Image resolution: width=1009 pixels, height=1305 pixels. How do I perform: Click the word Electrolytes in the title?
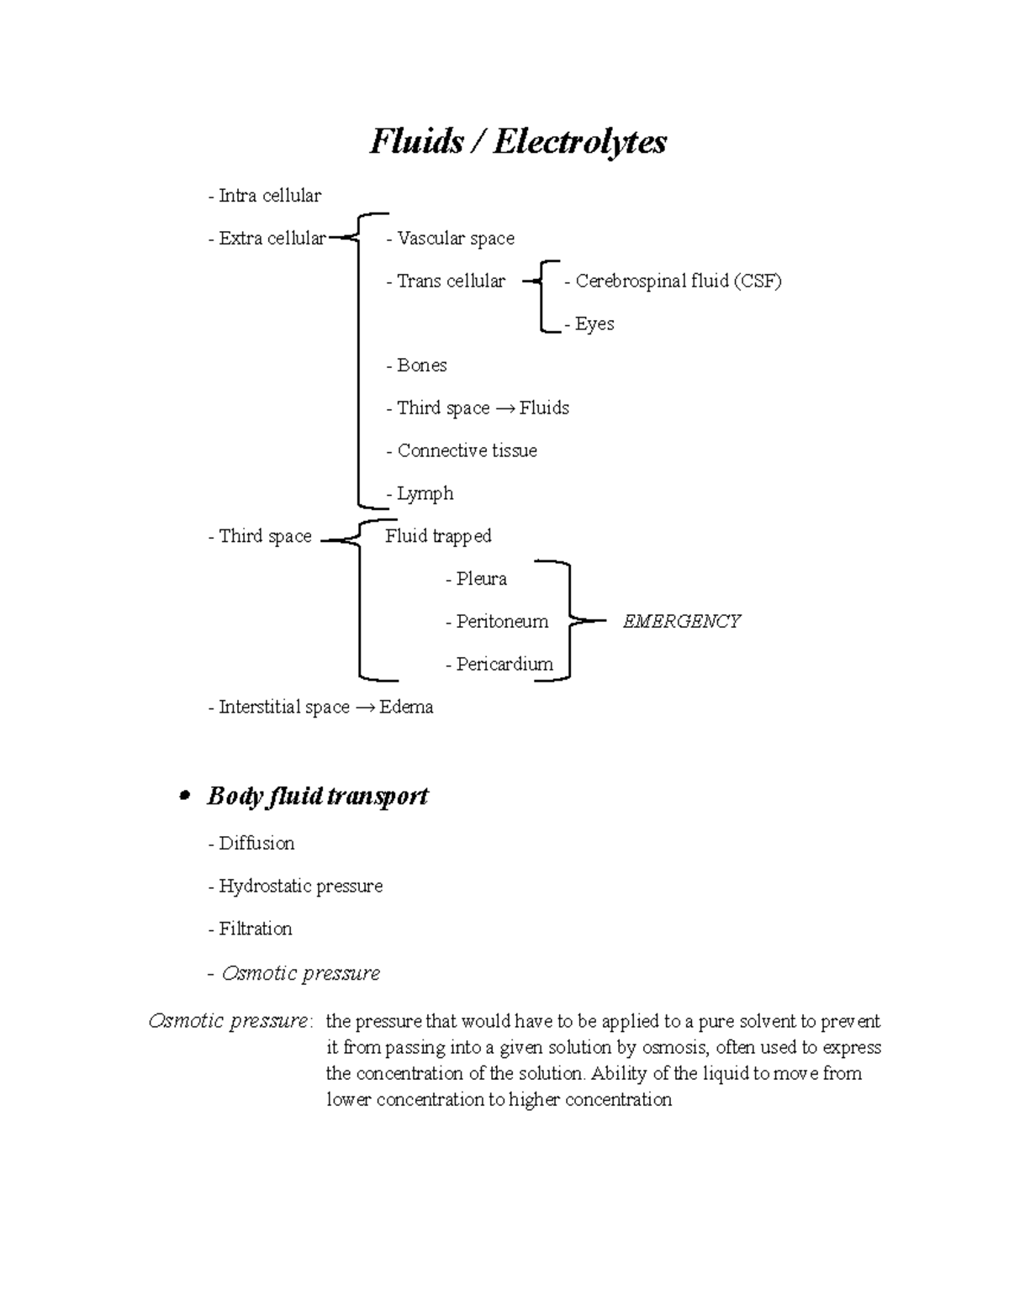(x=580, y=142)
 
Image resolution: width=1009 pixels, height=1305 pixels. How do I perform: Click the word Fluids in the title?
(x=416, y=142)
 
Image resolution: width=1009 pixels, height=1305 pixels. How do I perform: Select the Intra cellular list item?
(x=265, y=196)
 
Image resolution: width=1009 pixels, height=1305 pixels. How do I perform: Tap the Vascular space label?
(x=452, y=239)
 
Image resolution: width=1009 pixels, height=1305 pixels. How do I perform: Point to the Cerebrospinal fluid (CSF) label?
(x=674, y=282)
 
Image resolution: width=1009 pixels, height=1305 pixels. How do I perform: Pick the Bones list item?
(x=417, y=366)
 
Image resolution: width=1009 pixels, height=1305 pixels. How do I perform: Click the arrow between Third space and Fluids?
(x=504, y=409)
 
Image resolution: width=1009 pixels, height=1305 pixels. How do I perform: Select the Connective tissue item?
(x=462, y=451)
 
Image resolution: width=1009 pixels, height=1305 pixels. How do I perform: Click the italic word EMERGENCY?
(x=681, y=622)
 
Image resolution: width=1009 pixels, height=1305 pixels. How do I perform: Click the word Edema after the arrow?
(x=406, y=708)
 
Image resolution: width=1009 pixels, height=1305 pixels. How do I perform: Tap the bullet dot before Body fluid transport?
(x=186, y=797)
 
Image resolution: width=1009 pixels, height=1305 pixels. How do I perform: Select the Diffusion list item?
(x=251, y=844)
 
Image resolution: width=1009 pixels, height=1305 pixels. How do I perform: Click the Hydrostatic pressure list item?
(x=295, y=887)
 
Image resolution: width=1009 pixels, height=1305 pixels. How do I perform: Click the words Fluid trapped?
(x=438, y=536)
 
